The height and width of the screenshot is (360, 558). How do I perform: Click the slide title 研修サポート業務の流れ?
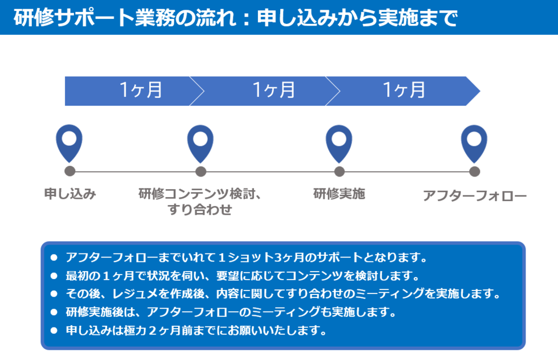tap(125, 18)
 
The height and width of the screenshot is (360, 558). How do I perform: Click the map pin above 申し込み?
tap(69, 143)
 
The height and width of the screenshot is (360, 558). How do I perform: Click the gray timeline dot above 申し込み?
tap(69, 171)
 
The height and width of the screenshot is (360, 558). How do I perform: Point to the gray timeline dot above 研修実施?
tap(339, 171)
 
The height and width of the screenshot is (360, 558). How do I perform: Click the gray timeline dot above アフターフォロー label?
tap(474, 171)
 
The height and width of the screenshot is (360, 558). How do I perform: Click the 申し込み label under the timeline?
tap(70, 194)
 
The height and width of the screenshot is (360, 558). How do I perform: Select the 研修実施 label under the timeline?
tap(339, 194)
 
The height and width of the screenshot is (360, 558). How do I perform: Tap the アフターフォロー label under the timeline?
tap(475, 196)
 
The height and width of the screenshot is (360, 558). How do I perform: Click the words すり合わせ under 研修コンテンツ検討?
tap(200, 210)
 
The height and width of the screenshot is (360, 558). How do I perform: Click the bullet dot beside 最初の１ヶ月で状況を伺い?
tap(54, 276)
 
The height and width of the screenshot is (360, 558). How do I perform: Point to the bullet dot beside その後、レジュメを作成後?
tap(54, 294)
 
